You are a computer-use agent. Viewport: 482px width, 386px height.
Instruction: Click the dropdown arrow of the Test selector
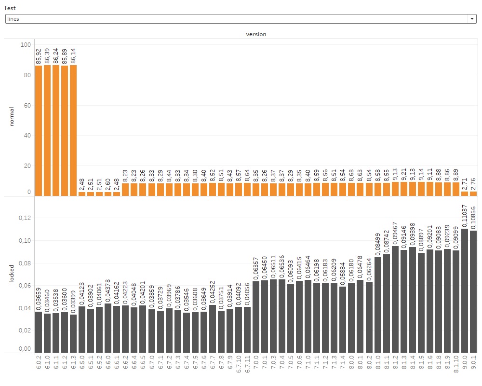click(x=471, y=19)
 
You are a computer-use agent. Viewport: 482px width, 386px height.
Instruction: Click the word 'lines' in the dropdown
click(x=13, y=19)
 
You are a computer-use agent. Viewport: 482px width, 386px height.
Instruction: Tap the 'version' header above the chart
click(x=256, y=34)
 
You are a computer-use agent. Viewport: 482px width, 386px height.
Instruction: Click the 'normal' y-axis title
click(x=12, y=116)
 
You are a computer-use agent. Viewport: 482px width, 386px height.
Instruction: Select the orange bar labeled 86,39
click(x=47, y=130)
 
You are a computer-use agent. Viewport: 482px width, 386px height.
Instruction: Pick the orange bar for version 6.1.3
click(x=73, y=130)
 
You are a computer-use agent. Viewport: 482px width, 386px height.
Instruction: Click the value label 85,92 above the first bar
click(x=39, y=56)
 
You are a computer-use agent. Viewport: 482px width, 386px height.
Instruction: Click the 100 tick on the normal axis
click(x=26, y=45)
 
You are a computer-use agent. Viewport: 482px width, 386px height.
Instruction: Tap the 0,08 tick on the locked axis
click(x=24, y=263)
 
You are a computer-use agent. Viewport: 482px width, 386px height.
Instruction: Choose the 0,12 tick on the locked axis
click(x=24, y=218)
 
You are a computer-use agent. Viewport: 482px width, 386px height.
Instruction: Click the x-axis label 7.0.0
click(x=256, y=363)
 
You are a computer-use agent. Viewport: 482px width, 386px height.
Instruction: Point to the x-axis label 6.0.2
click(x=39, y=363)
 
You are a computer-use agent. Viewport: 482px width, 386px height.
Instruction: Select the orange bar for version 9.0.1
click(x=473, y=193)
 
